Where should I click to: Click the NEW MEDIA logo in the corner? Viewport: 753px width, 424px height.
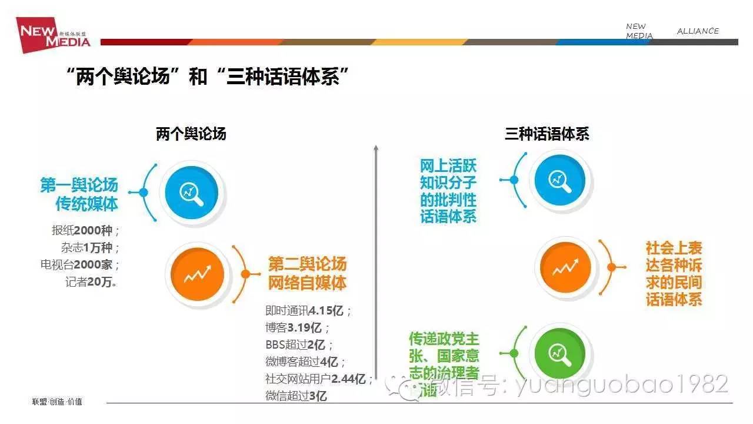53,35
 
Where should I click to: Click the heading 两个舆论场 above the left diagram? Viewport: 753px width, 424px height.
191,134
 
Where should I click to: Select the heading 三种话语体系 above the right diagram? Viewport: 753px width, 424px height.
547,134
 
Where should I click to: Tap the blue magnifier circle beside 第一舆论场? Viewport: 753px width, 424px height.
192,193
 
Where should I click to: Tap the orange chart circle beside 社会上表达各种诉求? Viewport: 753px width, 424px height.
565,267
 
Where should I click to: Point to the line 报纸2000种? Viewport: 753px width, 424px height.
85,230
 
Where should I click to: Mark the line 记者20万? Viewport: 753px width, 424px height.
91,282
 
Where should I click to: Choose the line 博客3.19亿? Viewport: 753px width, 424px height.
297,327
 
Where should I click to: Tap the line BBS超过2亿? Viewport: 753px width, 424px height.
299,344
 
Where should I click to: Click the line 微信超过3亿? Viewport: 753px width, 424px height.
296,396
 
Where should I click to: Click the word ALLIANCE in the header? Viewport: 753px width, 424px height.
698,31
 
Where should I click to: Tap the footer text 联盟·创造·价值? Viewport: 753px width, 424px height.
57,402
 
